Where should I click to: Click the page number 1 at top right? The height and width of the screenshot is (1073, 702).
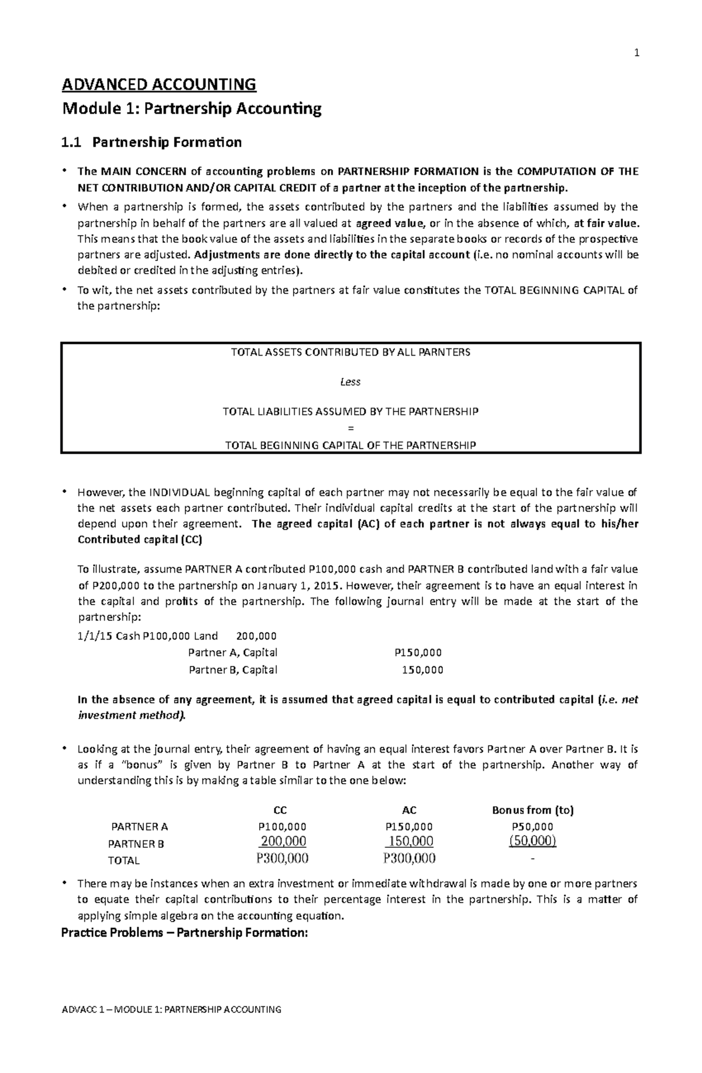coord(637,53)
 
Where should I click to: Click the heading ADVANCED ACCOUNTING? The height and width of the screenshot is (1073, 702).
coord(159,85)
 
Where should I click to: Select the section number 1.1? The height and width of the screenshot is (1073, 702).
coord(73,142)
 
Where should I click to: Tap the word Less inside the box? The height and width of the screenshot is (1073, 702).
coord(350,382)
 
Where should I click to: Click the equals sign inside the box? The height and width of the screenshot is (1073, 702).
coord(350,428)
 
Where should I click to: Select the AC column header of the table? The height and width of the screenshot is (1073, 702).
coord(409,810)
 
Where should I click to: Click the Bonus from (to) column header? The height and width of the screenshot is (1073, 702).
coord(532,810)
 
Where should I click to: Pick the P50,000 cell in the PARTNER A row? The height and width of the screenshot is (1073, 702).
coord(532,827)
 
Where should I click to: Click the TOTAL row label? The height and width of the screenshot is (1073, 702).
coord(123,861)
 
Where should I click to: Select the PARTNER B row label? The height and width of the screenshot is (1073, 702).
coord(136,844)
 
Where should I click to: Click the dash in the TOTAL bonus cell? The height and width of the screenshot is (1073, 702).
coord(532,859)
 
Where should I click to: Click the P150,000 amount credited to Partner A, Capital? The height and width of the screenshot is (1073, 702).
coord(418,653)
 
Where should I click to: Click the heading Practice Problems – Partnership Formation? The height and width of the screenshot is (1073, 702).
coord(184,933)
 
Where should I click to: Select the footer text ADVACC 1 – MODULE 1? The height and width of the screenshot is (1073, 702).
coord(171,1009)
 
